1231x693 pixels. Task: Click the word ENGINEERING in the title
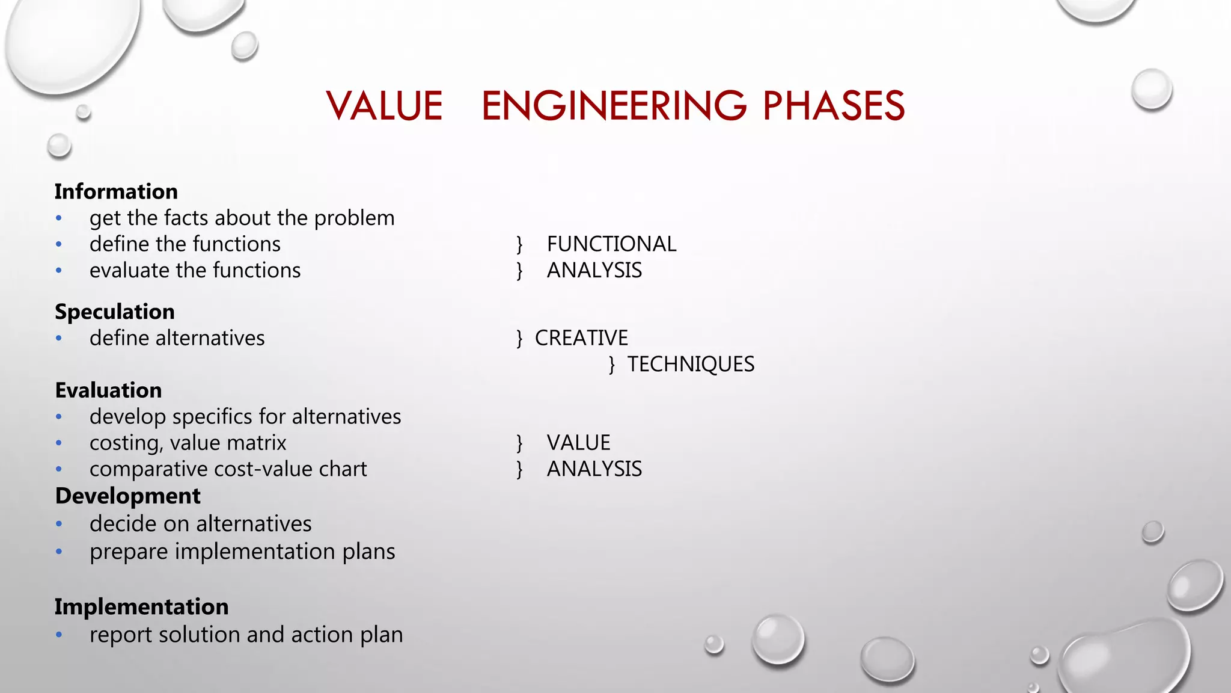pos(614,106)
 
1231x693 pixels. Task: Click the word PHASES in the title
pos(833,106)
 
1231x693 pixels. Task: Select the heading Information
pos(116,191)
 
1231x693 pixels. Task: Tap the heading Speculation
pos(115,312)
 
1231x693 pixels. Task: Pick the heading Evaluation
pos(108,390)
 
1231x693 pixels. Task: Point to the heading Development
pos(127,496)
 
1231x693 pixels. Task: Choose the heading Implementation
pos(141,606)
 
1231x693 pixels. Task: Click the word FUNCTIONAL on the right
pos(611,244)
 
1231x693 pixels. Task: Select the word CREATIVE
pos(581,337)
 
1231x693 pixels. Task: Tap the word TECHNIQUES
pos(691,364)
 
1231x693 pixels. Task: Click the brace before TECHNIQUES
pos(611,365)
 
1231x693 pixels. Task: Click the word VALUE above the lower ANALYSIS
pos(578,443)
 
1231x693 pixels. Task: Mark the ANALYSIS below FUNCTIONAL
pos(594,270)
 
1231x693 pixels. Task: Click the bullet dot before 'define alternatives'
pos(59,338)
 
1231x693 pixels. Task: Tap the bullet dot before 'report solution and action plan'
pos(59,635)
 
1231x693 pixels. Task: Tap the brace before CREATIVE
pos(519,338)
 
